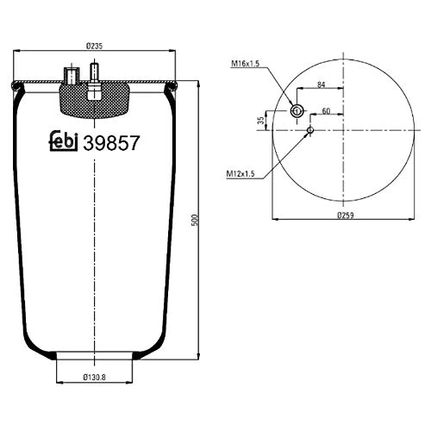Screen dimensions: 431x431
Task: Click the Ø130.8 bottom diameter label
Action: pyautogui.click(x=95, y=377)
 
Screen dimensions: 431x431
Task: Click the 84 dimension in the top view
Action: pyautogui.click(x=321, y=84)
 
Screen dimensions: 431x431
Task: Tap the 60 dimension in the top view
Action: pyautogui.click(x=326, y=111)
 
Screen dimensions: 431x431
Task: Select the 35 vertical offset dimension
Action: pyautogui.click(x=260, y=121)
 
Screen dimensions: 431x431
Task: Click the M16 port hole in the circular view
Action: pyautogui.click(x=296, y=110)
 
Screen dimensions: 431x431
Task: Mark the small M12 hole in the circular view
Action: pyautogui.click(x=309, y=129)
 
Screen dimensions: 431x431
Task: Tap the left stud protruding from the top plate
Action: pyautogui.click(x=70, y=74)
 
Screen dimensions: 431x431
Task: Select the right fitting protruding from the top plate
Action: pyautogui.click(x=92, y=75)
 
